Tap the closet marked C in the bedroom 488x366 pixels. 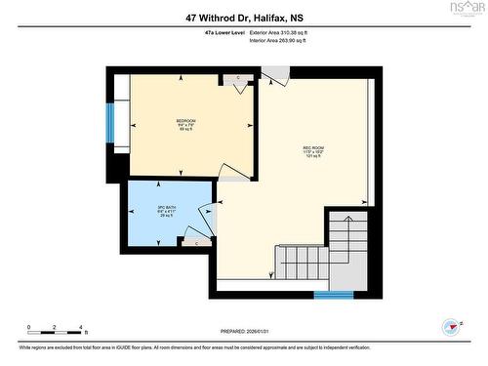point(238,77)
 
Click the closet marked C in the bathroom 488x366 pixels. point(195,240)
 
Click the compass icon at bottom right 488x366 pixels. point(450,327)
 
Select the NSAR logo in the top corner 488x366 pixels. point(466,9)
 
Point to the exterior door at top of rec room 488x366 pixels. point(274,74)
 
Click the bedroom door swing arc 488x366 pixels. point(232,172)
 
